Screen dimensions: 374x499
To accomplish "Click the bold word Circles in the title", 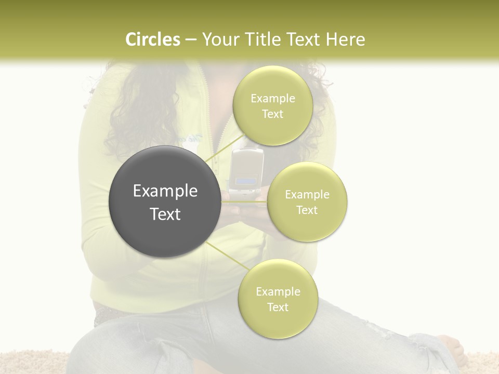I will point(152,39).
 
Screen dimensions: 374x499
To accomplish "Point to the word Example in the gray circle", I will point(165,191).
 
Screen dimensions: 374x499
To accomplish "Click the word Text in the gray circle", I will point(165,214).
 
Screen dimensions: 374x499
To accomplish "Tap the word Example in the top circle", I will point(272,99).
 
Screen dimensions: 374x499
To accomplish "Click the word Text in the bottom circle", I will point(278,307).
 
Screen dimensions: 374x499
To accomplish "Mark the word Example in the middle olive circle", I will point(307,195).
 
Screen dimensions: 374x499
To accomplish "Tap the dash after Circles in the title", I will point(190,40).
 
